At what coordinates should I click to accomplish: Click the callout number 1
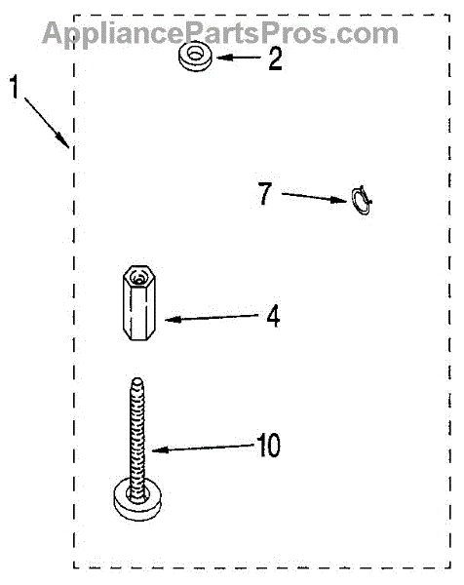(15, 87)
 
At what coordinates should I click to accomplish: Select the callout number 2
(275, 58)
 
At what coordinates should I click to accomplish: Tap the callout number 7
(265, 194)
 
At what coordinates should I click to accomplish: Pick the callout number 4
(273, 316)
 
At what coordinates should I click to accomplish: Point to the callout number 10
(268, 446)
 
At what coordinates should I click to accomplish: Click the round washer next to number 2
(194, 57)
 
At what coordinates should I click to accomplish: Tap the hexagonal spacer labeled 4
(138, 302)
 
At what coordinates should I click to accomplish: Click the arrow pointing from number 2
(239, 58)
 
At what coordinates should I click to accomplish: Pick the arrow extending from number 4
(212, 318)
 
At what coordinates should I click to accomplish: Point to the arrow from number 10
(204, 448)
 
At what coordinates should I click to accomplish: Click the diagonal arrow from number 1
(47, 123)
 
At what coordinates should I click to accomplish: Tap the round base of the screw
(137, 500)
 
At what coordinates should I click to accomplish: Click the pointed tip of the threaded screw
(137, 380)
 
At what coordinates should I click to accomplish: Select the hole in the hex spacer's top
(138, 279)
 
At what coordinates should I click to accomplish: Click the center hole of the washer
(194, 54)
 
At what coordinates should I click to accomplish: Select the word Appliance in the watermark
(117, 34)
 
